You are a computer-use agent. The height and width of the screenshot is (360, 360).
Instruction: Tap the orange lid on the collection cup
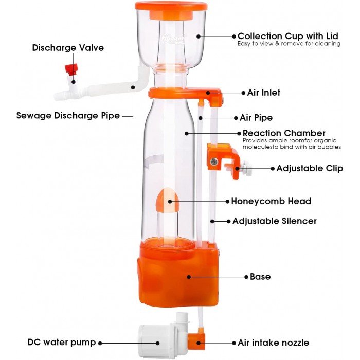(x=171, y=6)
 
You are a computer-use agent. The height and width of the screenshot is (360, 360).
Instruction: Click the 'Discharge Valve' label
(x=68, y=48)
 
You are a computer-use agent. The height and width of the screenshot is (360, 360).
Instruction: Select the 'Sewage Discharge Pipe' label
(x=68, y=115)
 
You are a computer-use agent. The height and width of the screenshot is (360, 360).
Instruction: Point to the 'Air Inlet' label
(x=263, y=93)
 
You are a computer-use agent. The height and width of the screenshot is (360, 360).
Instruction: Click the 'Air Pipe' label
(x=256, y=118)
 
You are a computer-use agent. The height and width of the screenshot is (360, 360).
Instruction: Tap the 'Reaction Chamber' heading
(x=284, y=133)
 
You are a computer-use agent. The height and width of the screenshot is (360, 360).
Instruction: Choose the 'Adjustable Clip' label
(x=310, y=168)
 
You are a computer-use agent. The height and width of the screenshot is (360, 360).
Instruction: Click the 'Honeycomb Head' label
(x=271, y=201)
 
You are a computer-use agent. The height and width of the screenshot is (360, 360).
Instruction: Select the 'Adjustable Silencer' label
(x=275, y=221)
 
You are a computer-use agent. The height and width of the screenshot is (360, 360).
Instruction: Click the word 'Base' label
(x=260, y=277)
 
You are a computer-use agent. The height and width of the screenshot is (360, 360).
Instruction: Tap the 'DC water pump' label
(x=62, y=342)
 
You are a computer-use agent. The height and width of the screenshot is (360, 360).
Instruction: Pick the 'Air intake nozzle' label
(x=273, y=343)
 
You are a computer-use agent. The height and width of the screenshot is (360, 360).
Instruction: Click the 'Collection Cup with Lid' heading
(x=288, y=36)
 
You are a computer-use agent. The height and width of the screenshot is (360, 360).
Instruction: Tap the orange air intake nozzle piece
(x=196, y=340)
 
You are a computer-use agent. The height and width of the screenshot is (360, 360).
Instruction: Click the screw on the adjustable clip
(x=214, y=162)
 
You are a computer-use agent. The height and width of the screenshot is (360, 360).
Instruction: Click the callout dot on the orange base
(x=189, y=277)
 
